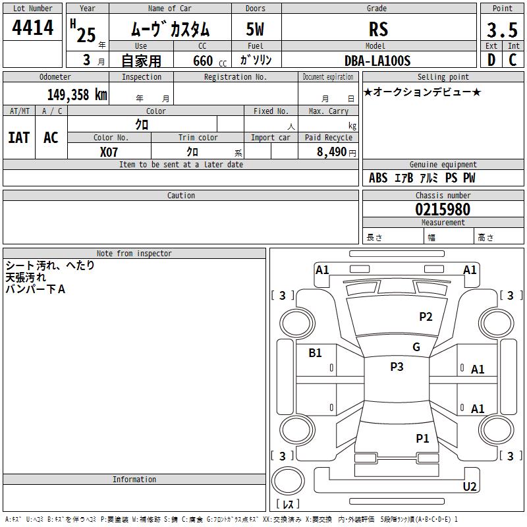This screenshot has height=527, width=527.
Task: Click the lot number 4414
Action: click(x=32, y=27)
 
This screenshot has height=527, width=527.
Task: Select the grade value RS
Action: click(x=378, y=29)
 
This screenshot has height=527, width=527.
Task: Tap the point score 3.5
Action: click(x=502, y=30)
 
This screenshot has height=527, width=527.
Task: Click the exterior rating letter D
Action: click(x=491, y=60)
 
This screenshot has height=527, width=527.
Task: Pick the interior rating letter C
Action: click(x=513, y=60)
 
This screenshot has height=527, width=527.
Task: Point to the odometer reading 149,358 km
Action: click(x=77, y=95)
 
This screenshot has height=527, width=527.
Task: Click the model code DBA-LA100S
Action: click(x=377, y=61)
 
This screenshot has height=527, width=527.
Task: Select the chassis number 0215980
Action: click(x=443, y=209)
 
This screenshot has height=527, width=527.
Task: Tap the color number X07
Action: click(x=109, y=152)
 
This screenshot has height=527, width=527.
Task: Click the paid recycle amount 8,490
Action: click(x=332, y=152)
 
